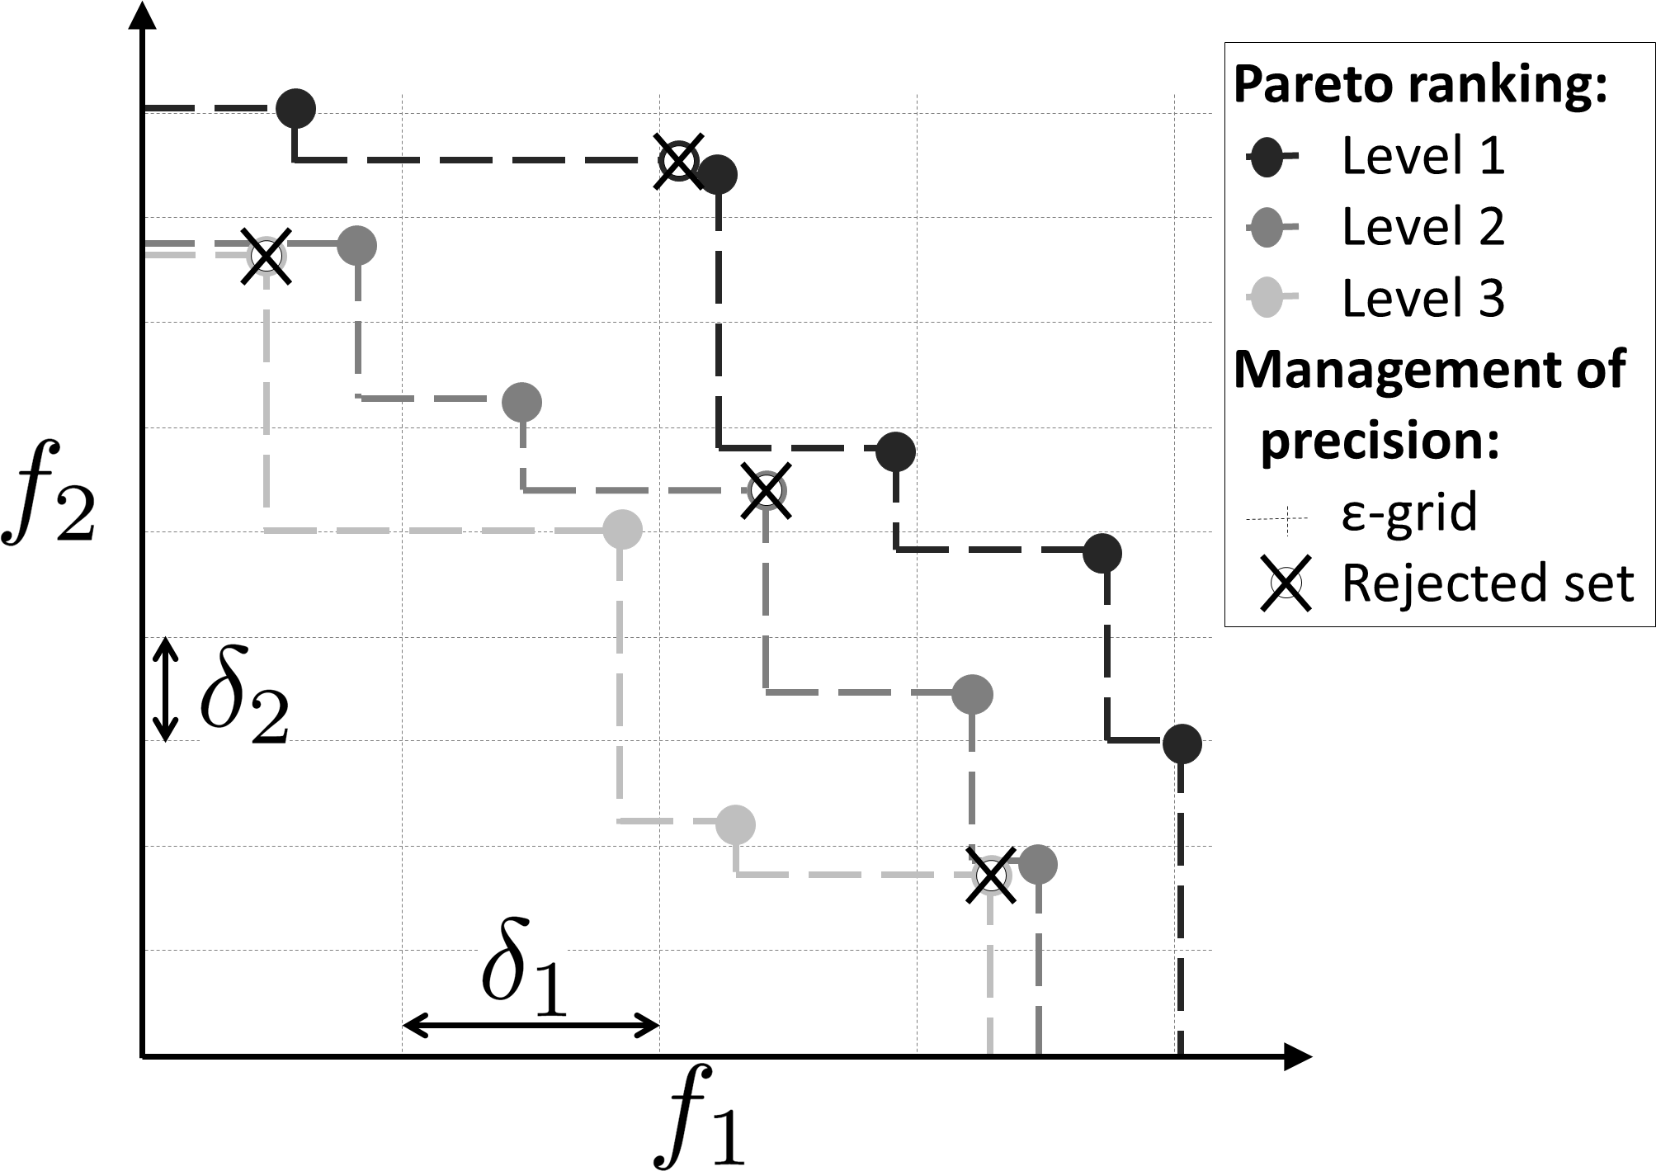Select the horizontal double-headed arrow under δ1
531,1027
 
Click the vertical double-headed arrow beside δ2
166,689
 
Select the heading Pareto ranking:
1420,85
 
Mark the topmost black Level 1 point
295,108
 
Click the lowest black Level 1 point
1182,744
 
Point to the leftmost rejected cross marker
266,256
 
